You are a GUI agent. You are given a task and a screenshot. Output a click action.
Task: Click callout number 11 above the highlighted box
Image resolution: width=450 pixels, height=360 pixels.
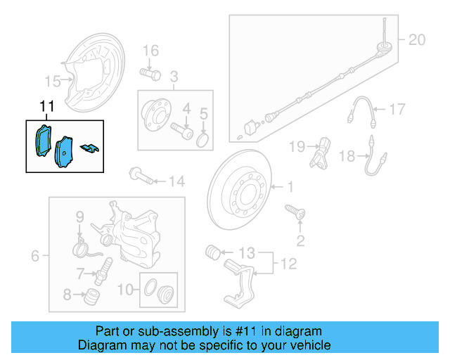[46, 107]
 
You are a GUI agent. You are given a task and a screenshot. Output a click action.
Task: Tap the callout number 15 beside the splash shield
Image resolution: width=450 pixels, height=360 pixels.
[53, 80]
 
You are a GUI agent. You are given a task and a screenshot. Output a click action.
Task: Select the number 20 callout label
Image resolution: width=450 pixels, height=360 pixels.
[417, 40]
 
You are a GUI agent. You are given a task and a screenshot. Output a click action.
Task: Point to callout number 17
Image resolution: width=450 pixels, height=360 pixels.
[397, 109]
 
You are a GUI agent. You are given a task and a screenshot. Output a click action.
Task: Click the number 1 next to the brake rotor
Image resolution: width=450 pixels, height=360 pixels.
[288, 187]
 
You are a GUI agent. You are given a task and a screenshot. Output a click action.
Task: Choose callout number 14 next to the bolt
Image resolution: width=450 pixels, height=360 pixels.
[176, 182]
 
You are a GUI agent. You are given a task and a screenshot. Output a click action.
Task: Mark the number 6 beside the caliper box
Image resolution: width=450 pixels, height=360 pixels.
[36, 257]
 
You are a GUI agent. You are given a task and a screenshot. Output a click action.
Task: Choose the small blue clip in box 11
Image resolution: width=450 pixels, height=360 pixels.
[90, 147]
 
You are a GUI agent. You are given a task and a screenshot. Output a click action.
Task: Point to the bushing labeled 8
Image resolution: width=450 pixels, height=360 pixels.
[89, 295]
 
